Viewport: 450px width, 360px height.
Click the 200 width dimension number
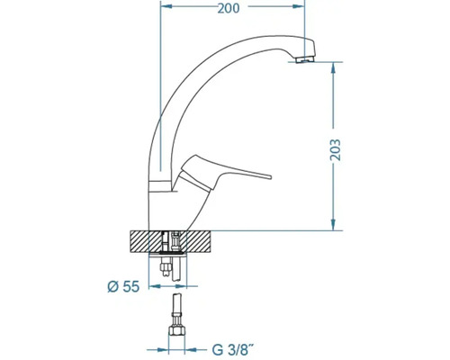point(229,8)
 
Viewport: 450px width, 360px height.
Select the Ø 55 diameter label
point(123,287)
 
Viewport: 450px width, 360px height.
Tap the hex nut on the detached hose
point(175,331)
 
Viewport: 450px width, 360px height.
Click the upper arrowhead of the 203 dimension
point(333,67)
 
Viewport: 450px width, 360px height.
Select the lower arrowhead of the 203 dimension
point(333,225)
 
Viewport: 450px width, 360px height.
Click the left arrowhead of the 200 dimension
point(166,6)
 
